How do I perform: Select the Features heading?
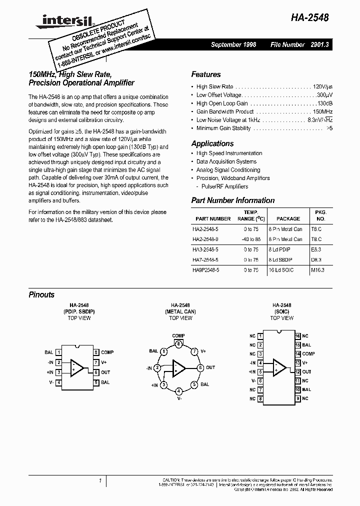[x=205, y=74]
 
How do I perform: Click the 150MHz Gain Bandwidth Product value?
[x=322, y=111]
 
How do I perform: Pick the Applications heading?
[x=212, y=143]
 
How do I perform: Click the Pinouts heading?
[x=41, y=295]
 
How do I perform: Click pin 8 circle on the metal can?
[x=178, y=343]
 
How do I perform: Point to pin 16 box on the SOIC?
[x=297, y=336]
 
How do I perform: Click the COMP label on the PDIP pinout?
[x=107, y=352]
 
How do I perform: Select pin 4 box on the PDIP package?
[x=59, y=382]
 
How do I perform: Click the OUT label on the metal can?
[x=210, y=367]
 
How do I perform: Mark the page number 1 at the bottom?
[x=99, y=480]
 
